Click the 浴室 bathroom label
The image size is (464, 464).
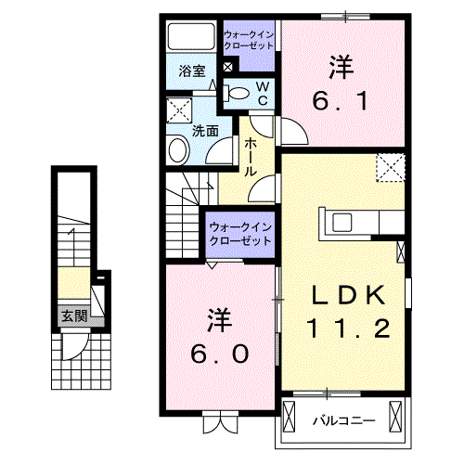point(192,71)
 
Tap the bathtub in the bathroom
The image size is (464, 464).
point(191,36)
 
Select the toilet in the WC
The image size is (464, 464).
point(236,93)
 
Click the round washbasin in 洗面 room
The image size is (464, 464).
point(178,150)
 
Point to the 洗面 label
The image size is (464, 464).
point(205,131)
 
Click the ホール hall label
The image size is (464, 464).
point(251,158)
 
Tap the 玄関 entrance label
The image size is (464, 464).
point(74,316)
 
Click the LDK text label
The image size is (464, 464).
point(349,295)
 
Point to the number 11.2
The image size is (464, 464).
point(348,329)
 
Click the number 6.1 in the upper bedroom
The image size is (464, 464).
point(341,101)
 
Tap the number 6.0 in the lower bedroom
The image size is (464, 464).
point(219,354)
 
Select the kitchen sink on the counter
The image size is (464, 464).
point(342,222)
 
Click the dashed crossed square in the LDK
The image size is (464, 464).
point(391,167)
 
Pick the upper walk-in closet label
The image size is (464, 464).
point(249,40)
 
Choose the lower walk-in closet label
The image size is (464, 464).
point(240,234)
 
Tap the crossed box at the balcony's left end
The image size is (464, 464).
point(290,417)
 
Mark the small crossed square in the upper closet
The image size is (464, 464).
point(227,67)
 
